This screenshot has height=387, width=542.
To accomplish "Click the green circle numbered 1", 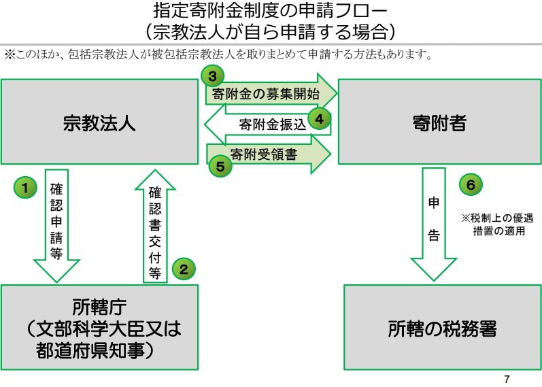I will [x=26, y=187].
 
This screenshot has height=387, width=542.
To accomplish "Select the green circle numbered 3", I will [x=213, y=76].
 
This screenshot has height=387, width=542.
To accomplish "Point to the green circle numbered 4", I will [x=319, y=118].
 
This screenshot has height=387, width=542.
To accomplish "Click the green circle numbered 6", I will [x=471, y=183].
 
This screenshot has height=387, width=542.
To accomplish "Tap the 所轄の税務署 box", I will [x=443, y=331].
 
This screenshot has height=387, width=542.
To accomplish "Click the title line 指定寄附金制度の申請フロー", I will [x=271, y=12].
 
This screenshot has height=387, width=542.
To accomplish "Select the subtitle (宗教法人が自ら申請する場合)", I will [x=271, y=31].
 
